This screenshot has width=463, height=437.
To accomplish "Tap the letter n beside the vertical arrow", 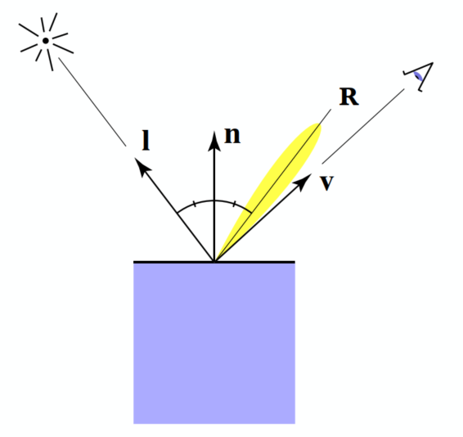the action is click(x=232, y=136).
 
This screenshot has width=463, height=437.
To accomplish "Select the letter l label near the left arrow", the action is click(x=146, y=142).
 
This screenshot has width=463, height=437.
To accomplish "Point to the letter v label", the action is click(x=326, y=182).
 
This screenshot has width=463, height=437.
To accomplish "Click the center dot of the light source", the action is click(x=47, y=39).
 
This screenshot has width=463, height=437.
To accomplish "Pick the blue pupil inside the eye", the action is click(x=419, y=77).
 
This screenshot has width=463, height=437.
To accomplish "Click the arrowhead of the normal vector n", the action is click(x=214, y=133).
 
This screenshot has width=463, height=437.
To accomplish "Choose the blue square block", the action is click(x=214, y=344).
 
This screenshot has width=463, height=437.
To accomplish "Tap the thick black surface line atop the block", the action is click(x=164, y=262).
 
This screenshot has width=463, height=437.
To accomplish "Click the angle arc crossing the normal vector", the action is click(x=214, y=200).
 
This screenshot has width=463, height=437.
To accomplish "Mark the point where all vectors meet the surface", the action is click(x=214, y=261).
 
